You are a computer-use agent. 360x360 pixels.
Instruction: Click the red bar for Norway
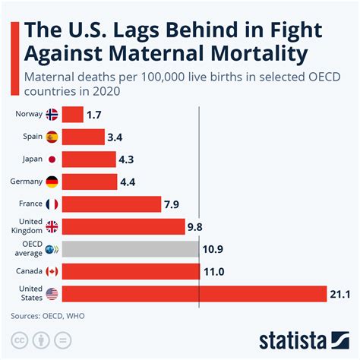pos(72,115)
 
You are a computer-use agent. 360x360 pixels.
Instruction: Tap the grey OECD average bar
pos(130,249)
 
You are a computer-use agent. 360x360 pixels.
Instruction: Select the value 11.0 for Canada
pos(213,271)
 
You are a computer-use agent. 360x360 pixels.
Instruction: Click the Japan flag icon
pos(52,159)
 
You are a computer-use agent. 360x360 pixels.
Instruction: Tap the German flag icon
pos(52,182)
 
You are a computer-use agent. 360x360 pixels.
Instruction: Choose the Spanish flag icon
pos(52,137)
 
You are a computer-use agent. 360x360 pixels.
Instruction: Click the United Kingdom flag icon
pos(52,226)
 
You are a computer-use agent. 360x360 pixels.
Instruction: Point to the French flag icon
pos(52,204)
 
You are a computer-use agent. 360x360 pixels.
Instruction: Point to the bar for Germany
pos(90,182)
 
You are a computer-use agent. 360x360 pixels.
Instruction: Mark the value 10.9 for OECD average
pos(213,249)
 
